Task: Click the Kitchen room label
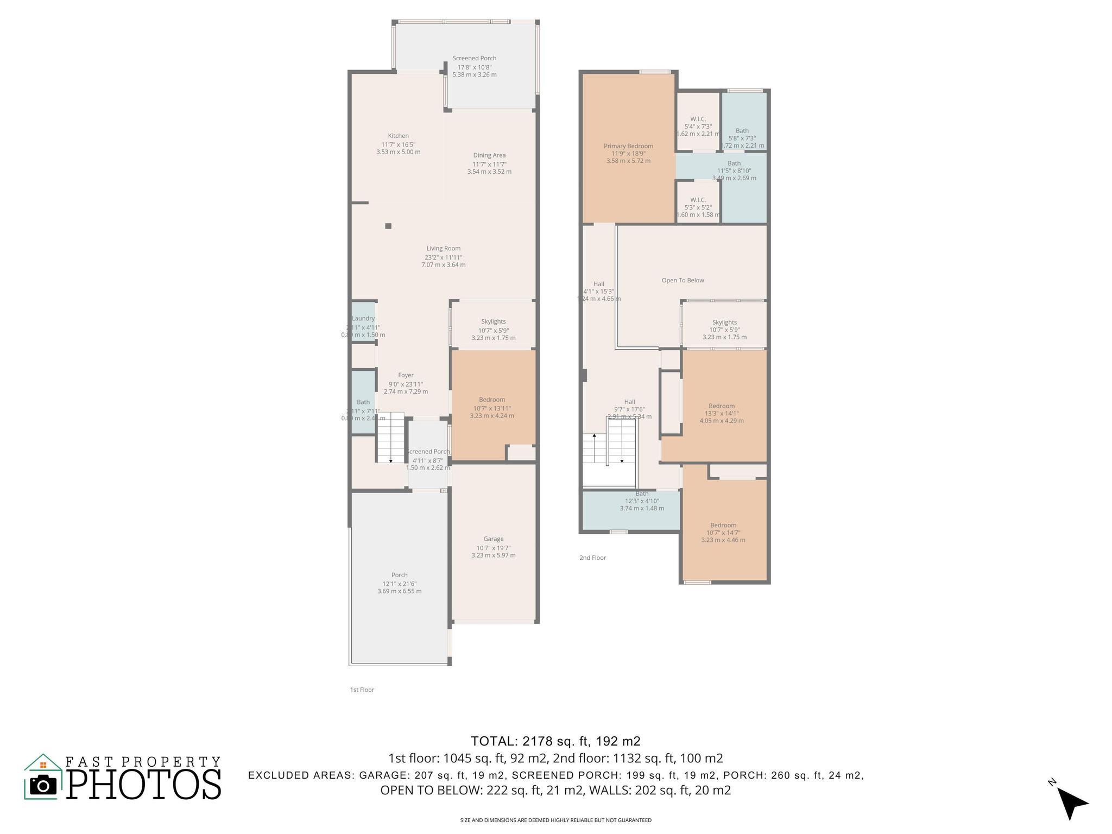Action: (398, 136)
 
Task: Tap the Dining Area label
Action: (489, 155)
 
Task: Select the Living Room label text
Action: (443, 249)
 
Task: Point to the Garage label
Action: (493, 539)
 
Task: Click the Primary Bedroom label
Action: (628, 146)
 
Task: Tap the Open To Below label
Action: (683, 281)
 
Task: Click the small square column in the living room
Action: (388, 226)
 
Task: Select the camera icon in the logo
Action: (43, 785)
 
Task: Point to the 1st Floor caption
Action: (362, 690)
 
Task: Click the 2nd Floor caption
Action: (592, 558)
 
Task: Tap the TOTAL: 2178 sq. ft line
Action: (555, 741)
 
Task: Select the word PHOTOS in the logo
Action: (144, 785)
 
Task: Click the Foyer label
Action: (406, 375)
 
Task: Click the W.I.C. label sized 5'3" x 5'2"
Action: (698, 200)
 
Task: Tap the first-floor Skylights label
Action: (493, 321)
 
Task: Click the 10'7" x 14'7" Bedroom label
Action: (723, 525)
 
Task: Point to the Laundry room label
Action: (363, 319)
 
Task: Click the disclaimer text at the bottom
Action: (555, 820)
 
